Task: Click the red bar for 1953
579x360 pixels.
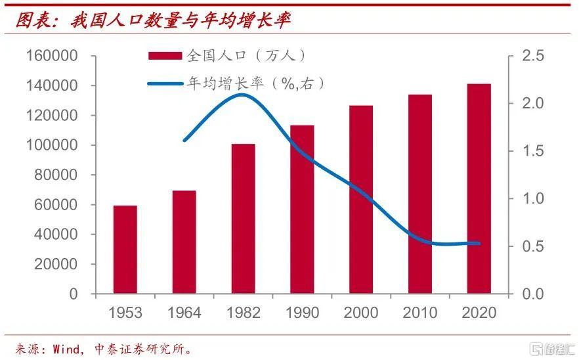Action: (x=125, y=250)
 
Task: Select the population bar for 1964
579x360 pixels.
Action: (x=184, y=242)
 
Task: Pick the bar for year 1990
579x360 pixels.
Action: (x=302, y=210)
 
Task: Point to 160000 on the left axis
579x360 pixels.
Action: (x=52, y=56)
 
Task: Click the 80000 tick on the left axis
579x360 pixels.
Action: (x=56, y=175)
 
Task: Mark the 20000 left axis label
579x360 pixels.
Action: (x=56, y=264)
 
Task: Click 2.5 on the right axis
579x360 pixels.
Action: (x=534, y=56)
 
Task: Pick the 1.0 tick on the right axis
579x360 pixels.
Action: (x=534, y=198)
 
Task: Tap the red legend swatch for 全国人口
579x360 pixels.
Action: (x=165, y=56)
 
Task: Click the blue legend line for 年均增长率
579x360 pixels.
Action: (x=165, y=83)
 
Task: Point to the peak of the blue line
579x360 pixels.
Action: (x=243, y=95)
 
